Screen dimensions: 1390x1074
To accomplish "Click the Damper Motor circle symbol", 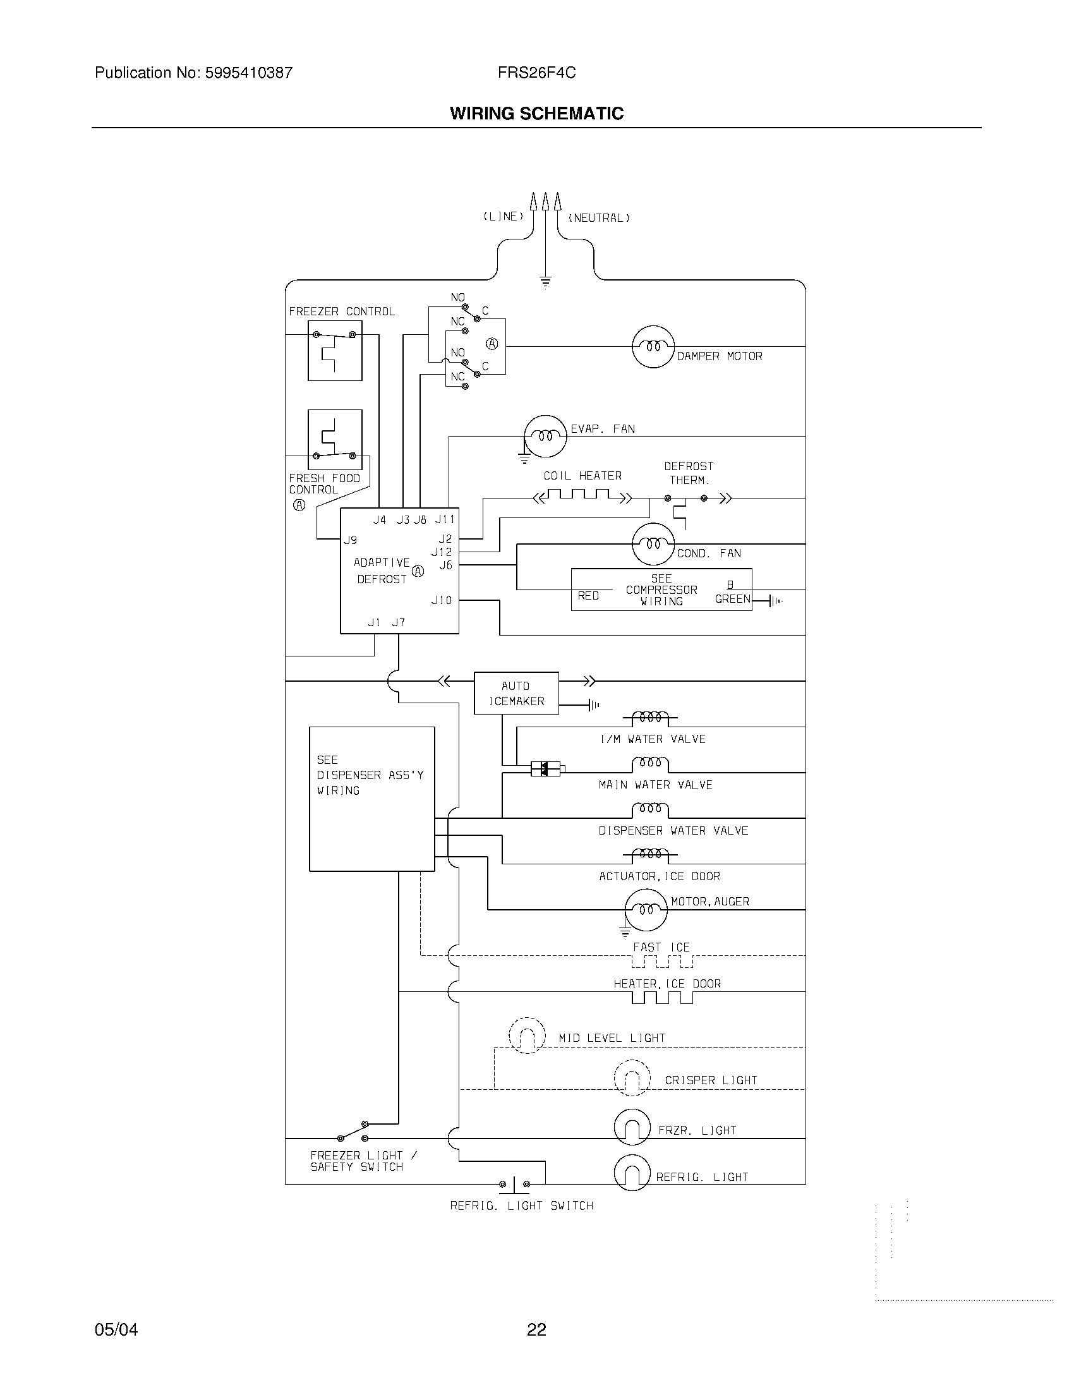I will pyautogui.click(x=653, y=347).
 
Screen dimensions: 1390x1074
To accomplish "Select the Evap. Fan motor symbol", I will pyautogui.click(x=545, y=436).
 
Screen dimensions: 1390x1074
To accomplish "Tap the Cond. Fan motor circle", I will pyautogui.click(x=653, y=544).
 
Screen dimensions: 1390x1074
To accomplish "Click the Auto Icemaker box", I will pyautogui.click(x=516, y=693).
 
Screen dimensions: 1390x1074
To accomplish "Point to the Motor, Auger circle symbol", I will pyautogui.click(x=646, y=910).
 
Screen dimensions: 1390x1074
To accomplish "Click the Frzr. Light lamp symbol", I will pyautogui.click(x=632, y=1127).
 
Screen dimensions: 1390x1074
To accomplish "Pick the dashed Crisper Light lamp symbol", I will pyautogui.click(x=632, y=1077).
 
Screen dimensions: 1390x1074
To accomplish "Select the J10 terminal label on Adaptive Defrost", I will pyautogui.click(x=442, y=600).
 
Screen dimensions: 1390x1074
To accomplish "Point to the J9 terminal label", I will pyautogui.click(x=350, y=540).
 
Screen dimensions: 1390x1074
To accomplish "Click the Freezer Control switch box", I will pyautogui.click(x=335, y=351).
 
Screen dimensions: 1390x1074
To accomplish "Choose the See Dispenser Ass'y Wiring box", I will pyautogui.click(x=371, y=799).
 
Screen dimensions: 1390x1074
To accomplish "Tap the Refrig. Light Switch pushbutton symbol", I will pyautogui.click(x=514, y=1185).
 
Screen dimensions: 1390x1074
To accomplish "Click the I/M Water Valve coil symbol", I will pyautogui.click(x=649, y=718).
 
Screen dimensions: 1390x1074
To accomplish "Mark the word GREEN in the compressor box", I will pyautogui.click(x=732, y=599).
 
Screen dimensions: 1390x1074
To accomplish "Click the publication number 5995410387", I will pyautogui.click(x=248, y=73).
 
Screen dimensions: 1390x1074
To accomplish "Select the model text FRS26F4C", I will pyautogui.click(x=536, y=73).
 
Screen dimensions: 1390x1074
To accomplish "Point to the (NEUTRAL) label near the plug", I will pyautogui.click(x=599, y=219).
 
